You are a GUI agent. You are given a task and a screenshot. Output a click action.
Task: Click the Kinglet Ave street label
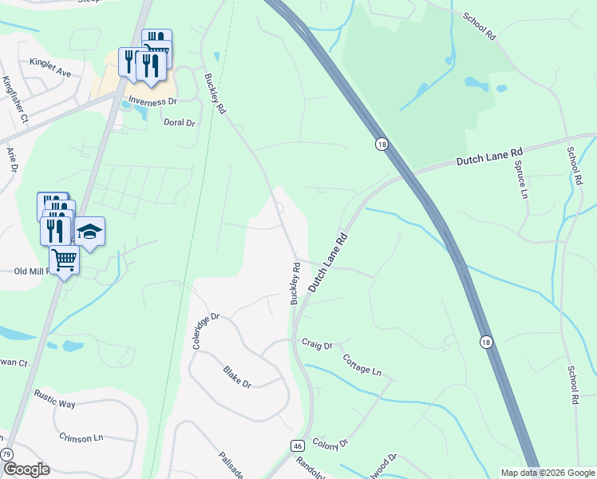coord(50,67)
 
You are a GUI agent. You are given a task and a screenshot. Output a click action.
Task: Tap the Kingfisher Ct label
coord(15,100)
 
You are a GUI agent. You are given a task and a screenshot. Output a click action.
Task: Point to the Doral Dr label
coord(179,123)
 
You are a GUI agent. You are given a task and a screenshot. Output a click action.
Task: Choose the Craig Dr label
coord(317,345)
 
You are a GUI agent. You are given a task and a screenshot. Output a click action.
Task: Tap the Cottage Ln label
coord(363,364)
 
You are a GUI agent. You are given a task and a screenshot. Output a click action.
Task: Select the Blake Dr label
coord(237,377)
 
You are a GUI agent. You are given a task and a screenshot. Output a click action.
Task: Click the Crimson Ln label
coord(81,437)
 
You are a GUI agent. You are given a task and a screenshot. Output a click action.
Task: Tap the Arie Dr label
coord(11,160)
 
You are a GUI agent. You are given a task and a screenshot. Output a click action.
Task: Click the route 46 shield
coord(297,445)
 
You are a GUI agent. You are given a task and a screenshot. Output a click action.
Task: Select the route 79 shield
coord(6,454)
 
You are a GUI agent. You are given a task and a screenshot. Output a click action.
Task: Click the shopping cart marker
coord(64,259)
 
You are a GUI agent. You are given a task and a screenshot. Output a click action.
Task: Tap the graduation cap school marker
coord(90,232)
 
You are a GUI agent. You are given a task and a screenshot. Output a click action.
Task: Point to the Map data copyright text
coord(548,473)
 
